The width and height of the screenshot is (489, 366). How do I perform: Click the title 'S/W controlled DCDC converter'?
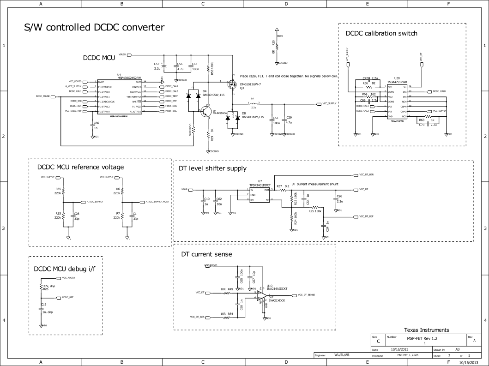click(94, 28)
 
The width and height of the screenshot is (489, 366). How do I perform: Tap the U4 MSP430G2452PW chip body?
click(119, 96)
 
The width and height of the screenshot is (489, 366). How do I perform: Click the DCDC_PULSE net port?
click(53, 96)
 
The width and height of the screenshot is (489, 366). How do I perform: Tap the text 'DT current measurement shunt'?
click(315, 184)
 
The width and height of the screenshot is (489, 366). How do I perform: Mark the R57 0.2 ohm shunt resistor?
click(282, 190)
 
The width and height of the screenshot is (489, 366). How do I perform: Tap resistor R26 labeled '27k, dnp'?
click(41, 287)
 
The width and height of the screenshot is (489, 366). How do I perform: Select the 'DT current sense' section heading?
click(206, 254)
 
